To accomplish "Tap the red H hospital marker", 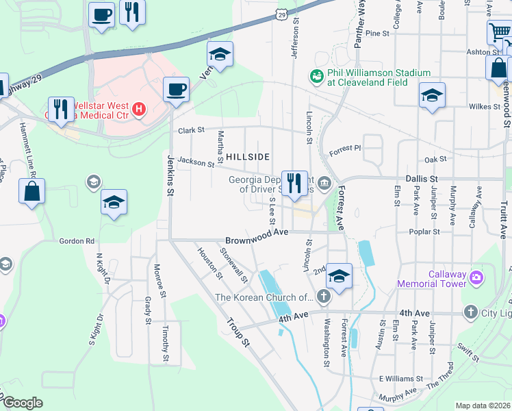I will [x=139, y=108].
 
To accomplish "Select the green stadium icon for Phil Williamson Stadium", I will [x=316, y=77].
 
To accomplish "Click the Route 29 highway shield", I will [x=281, y=13].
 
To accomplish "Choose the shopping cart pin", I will [x=499, y=32].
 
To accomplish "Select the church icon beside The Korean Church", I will [x=323, y=297].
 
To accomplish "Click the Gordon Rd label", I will [x=77, y=241].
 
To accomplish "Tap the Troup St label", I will [x=236, y=335].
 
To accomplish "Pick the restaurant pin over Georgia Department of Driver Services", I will [x=295, y=183].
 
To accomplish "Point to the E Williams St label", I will [x=402, y=378].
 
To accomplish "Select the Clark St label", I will [x=192, y=129].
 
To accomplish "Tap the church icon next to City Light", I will [x=470, y=312].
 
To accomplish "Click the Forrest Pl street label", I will [x=344, y=148].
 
